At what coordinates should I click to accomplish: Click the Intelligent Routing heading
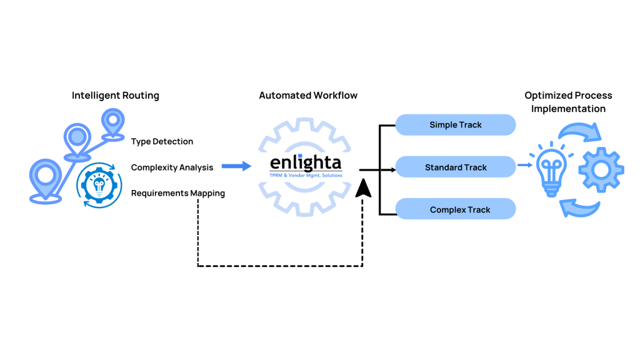(x=116, y=96)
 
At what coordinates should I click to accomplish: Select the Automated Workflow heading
(x=308, y=96)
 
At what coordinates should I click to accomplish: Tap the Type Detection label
(x=162, y=141)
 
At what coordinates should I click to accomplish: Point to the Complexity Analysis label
(x=172, y=167)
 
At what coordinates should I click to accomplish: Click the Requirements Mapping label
(x=178, y=193)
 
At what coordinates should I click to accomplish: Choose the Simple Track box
(x=456, y=125)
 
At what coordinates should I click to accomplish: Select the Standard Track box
(x=456, y=167)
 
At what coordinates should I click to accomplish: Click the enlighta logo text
(x=306, y=162)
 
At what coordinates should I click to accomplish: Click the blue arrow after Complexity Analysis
(x=236, y=166)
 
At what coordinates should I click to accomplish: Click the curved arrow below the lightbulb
(x=577, y=207)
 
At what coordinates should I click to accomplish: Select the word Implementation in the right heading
(x=568, y=109)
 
